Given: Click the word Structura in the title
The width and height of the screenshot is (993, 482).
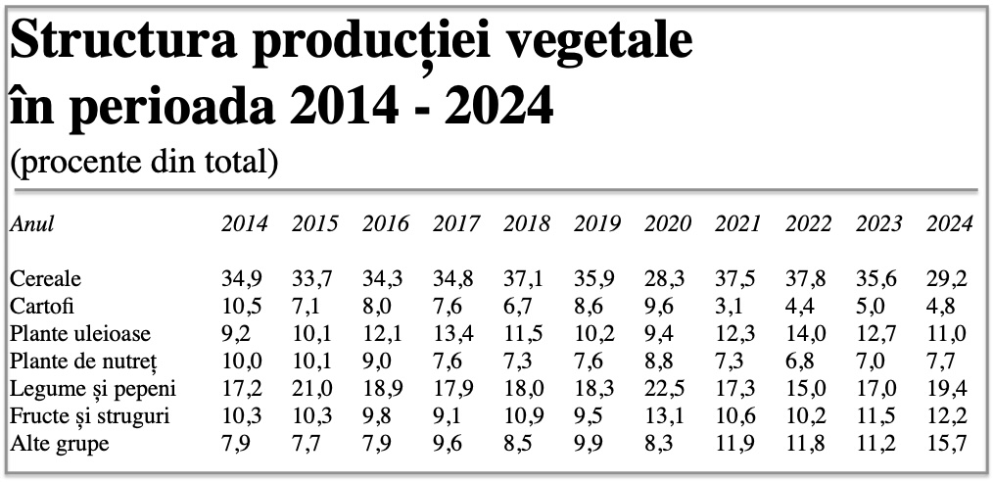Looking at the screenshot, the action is coord(122,42).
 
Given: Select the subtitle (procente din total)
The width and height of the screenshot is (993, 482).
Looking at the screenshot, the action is coord(144,163).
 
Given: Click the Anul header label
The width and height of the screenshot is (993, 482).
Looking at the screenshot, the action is coord(32,223).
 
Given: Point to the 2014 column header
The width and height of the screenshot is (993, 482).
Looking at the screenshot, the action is coord(245,223).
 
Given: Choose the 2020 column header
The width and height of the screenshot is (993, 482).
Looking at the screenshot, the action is coord(668,223).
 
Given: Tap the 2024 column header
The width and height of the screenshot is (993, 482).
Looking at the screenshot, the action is coord(949,223).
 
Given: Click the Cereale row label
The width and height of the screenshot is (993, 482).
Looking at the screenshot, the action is coord(46,278).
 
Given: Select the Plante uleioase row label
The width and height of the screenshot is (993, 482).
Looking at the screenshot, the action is coord(80,333).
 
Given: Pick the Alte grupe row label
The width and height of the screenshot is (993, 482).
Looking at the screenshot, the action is coord(60,444).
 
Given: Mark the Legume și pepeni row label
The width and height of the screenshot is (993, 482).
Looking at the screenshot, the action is coord(93,388).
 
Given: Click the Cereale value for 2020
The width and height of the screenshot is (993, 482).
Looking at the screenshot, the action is coord(665,278).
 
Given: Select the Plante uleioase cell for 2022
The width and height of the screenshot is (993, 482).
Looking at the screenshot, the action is coord(806,333).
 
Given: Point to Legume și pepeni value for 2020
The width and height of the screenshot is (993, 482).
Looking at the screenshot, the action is coord(665,388).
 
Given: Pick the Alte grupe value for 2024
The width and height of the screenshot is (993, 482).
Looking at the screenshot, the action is coord(947,444).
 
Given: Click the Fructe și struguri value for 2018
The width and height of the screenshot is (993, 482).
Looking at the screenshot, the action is coord(524,416).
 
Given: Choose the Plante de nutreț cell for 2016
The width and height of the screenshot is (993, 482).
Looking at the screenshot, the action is coord(377,361).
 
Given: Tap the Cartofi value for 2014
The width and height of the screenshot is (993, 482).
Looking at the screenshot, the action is coord(242,306).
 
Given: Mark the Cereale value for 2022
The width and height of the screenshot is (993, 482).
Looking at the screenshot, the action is coord(806,278).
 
